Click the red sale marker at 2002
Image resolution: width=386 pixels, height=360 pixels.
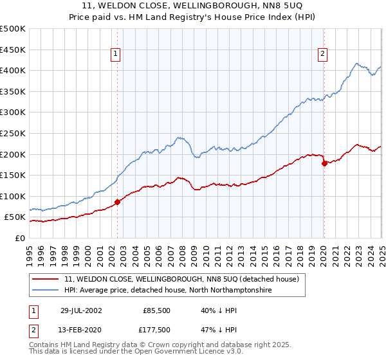pos(117,202)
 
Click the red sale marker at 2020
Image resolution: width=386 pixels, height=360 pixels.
pos(324,163)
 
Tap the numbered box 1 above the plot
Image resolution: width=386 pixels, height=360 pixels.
pos(115,55)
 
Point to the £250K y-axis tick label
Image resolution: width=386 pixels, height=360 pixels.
pos(13,133)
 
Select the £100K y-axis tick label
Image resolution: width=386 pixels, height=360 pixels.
pos(13,196)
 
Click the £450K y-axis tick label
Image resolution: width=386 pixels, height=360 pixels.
pos(13,50)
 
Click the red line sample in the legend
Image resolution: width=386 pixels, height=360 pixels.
pos(46,280)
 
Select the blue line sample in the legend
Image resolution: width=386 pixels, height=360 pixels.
pos(46,291)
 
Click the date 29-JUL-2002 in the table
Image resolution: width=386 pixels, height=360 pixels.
pos(82,310)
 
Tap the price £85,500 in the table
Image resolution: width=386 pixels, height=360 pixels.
pos(156,310)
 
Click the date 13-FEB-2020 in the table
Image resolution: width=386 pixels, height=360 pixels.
pos(82,331)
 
